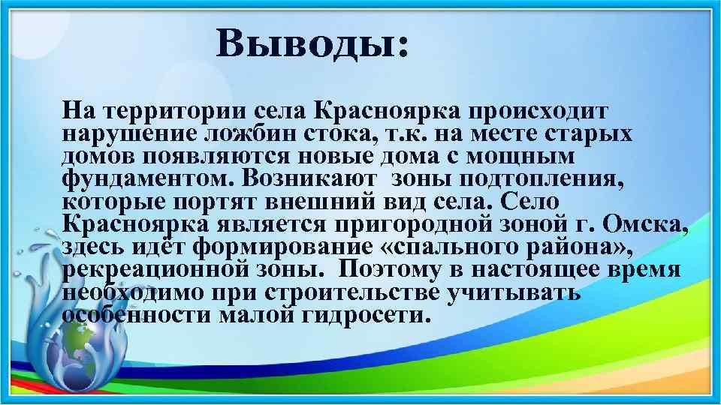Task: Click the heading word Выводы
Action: click(312, 44)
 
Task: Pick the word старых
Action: click(589, 135)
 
